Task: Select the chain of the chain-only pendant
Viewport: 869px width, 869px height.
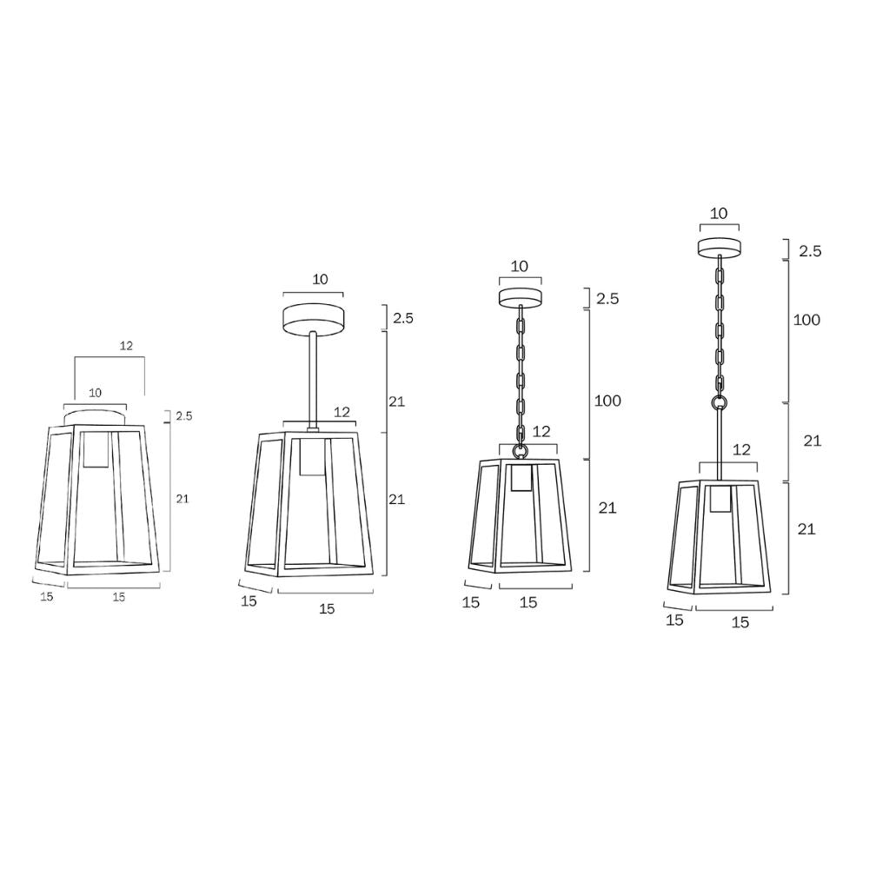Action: tap(521, 374)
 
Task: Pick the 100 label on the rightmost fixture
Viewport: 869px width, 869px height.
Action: tap(806, 320)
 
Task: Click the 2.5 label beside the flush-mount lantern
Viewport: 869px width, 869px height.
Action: tap(183, 416)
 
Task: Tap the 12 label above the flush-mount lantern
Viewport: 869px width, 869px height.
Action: tap(126, 346)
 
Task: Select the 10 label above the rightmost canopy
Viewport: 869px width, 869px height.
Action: tap(719, 214)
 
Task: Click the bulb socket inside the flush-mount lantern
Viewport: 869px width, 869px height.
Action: tap(96, 449)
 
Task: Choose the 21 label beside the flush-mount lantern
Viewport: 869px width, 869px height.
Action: tap(182, 499)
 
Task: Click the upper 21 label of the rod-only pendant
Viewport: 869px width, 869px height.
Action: tap(396, 401)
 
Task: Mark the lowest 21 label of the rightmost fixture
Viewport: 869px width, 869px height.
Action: tap(806, 529)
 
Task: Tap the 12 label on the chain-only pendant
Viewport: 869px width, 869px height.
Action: tap(541, 432)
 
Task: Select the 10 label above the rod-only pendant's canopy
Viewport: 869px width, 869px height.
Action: tap(321, 279)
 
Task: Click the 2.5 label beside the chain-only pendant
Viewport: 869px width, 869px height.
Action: tap(607, 299)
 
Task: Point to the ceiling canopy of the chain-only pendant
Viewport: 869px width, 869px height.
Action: tap(520, 297)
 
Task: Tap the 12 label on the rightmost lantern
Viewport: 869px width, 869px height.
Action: tap(740, 450)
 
